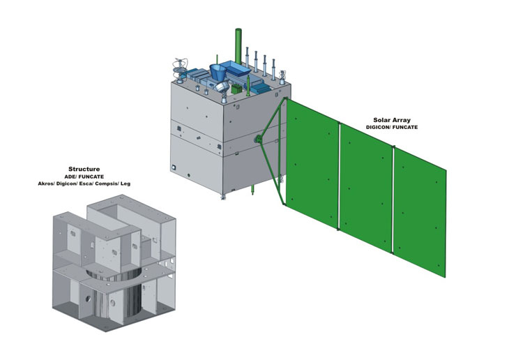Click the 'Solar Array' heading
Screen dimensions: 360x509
coord(389,120)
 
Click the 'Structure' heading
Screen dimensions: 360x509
coord(84,169)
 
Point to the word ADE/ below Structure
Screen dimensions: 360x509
coord(70,177)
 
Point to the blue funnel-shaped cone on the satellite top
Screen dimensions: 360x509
coord(218,70)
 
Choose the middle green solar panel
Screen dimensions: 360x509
coord(366,185)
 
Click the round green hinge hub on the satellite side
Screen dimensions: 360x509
coord(259,140)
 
